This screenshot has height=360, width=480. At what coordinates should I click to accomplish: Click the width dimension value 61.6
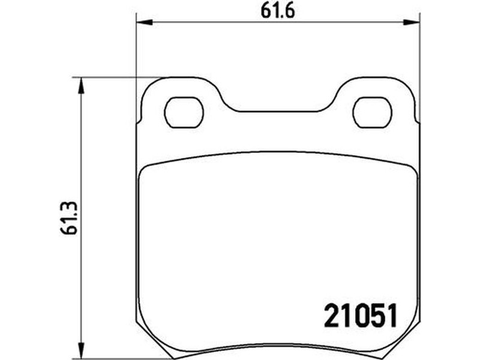278,11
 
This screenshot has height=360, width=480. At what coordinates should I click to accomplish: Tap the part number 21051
361,316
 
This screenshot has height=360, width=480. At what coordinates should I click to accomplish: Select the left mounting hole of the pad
184,112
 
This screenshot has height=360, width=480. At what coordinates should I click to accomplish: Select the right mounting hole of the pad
372,112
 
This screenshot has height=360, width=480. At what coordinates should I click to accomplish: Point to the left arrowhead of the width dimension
144,22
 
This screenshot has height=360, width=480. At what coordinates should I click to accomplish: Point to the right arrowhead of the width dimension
412,22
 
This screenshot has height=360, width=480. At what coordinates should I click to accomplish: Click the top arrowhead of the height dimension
81,85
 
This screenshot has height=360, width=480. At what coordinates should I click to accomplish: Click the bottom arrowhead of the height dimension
81,350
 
